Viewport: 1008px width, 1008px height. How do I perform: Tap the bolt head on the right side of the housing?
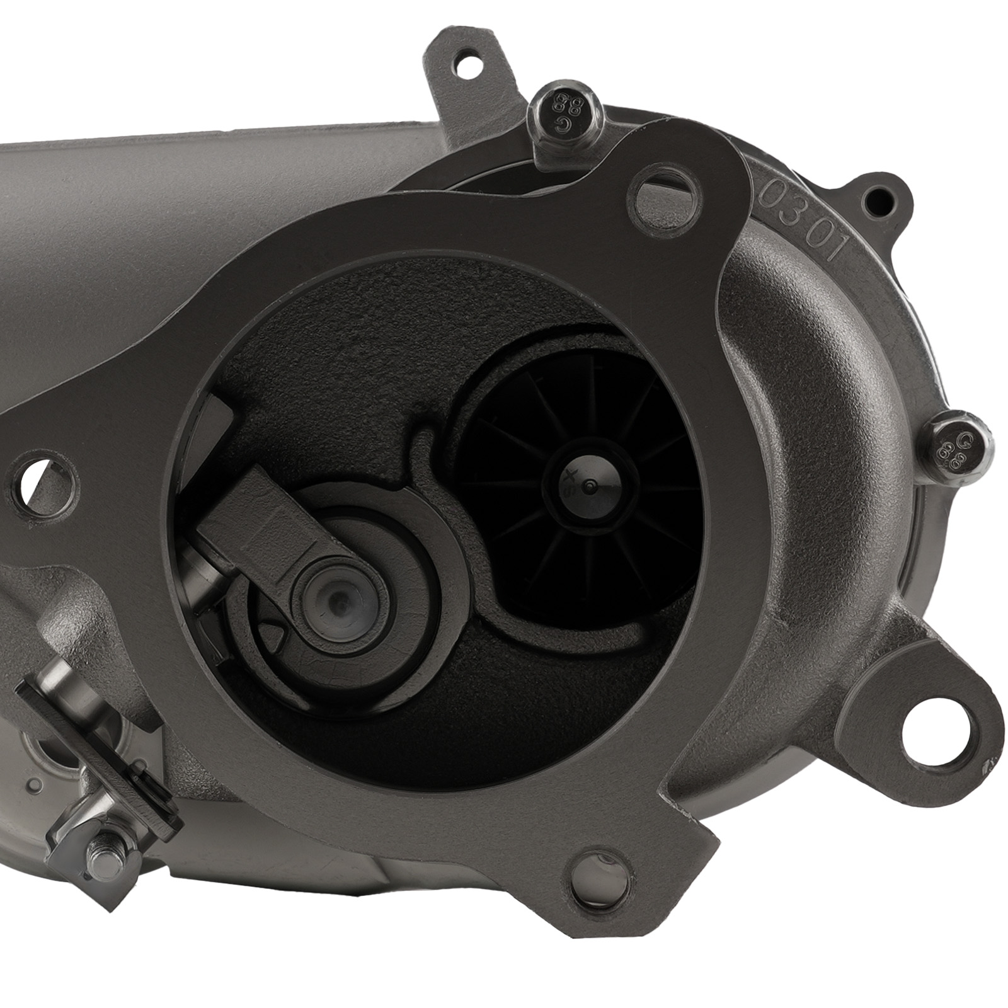coord(960,449)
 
